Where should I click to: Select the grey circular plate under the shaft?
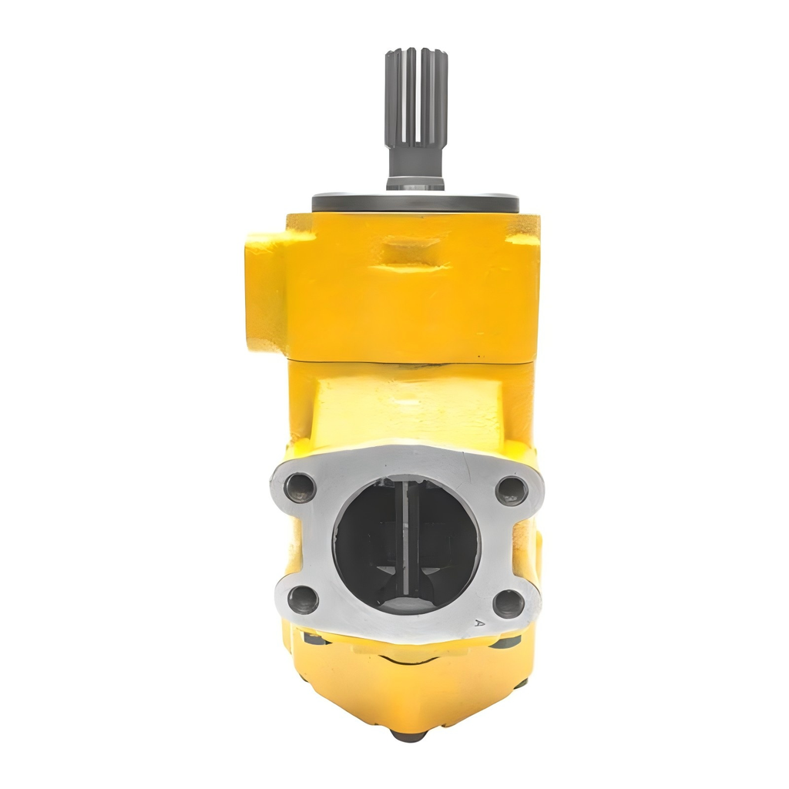415,203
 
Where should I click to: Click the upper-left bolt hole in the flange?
299,487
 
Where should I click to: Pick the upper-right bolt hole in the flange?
511,490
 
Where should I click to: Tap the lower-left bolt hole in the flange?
303,599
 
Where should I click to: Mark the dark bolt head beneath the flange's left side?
312,638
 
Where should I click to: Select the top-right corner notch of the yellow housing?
527,227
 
